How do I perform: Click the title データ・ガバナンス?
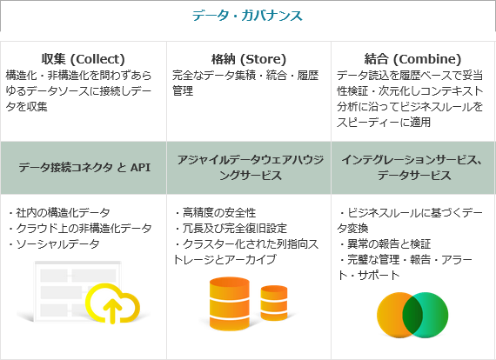pos(247,16)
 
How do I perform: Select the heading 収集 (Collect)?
pos(84,59)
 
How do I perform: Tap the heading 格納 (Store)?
pos(249,59)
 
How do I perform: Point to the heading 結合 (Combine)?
pos(412,59)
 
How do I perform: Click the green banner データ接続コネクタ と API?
pos(84,167)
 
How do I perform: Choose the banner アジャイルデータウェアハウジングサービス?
pos(250,168)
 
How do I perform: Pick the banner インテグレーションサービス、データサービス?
pos(412,168)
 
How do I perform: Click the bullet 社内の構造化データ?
pos(59,213)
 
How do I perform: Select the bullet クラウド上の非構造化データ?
pos(80,228)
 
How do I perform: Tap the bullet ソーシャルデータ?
pos(54,244)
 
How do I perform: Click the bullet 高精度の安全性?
pos(215,213)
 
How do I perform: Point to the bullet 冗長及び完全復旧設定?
pos(231,228)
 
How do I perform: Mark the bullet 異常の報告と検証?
pos(385,244)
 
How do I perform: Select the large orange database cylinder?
pos(230,303)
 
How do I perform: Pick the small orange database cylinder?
pos(274,303)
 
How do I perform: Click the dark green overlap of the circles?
pos(412,315)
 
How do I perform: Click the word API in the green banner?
pos(140,167)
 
